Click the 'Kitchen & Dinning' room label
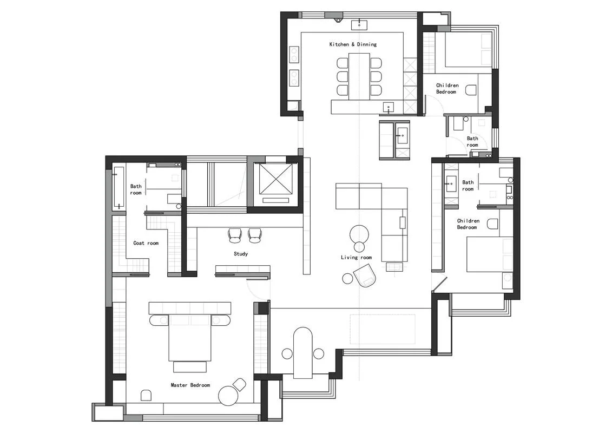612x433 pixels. (353, 44)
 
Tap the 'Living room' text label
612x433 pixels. (357, 258)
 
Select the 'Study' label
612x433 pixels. (241, 254)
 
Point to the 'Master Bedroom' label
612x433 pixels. (190, 385)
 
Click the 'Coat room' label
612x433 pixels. (146, 243)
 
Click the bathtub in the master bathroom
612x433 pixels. (119, 188)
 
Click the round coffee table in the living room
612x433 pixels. (359, 235)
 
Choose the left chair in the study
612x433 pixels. (235, 235)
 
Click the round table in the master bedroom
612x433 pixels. (228, 395)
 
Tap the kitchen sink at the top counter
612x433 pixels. (359, 25)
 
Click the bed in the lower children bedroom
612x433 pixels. (490, 254)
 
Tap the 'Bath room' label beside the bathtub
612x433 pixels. (136, 190)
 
